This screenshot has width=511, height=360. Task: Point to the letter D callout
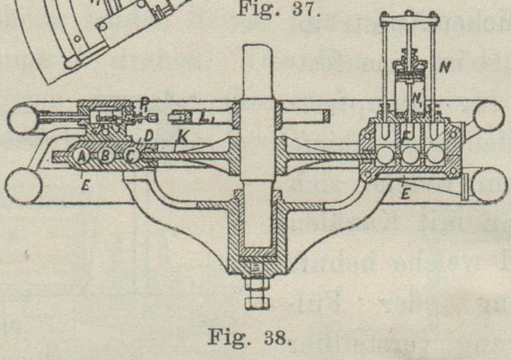click(x=149, y=134)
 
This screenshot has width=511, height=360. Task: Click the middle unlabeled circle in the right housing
click(x=409, y=153)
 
